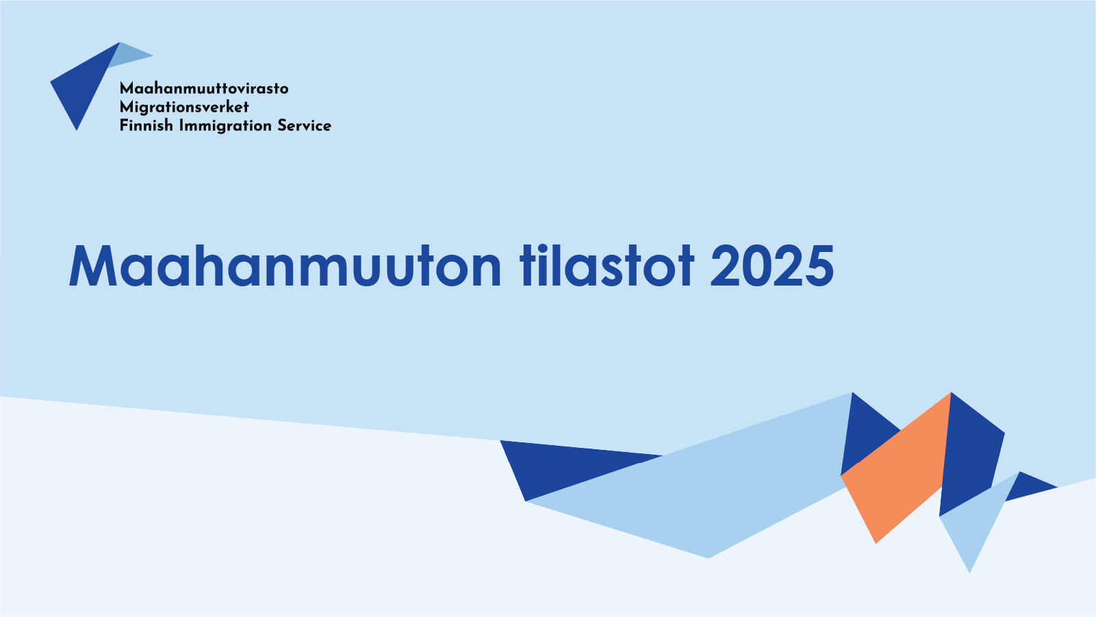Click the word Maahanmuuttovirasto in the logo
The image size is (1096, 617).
204,88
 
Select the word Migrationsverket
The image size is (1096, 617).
184,107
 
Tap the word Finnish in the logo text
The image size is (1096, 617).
146,125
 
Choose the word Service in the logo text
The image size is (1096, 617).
304,125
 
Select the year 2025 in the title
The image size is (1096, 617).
772,266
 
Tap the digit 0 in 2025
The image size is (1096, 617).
755,266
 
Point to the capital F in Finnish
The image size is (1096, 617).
124,125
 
